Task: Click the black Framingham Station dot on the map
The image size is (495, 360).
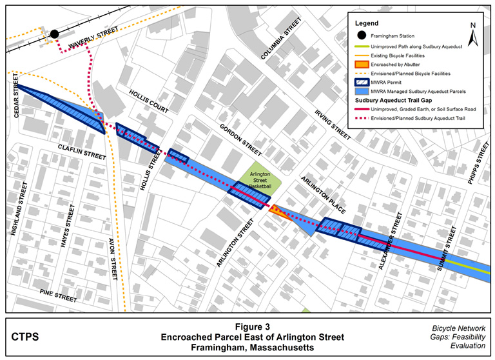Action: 55,34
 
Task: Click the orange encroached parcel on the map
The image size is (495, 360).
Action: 274,210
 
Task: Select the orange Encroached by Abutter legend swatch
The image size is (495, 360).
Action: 366,64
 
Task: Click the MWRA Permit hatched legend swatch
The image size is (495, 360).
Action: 366,82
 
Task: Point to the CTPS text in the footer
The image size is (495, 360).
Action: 26,336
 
